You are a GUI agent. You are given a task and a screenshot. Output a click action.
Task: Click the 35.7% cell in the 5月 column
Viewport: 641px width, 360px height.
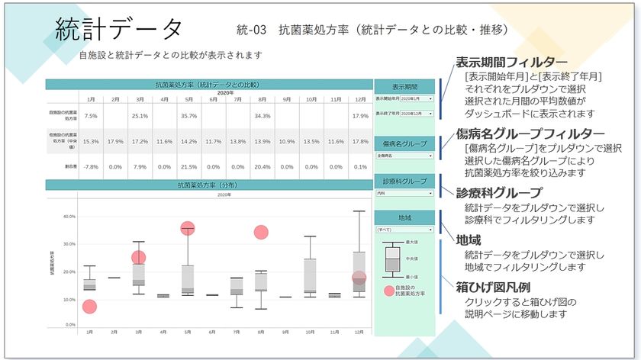(188, 116)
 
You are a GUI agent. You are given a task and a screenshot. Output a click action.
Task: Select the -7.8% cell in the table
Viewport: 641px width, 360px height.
(91, 166)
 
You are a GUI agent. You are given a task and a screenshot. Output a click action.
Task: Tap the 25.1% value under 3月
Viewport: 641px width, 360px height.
(140, 116)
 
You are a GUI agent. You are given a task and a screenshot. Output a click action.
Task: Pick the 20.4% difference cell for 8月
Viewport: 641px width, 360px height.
(262, 166)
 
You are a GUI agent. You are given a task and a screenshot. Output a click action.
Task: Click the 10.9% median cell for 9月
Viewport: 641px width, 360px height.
(286, 142)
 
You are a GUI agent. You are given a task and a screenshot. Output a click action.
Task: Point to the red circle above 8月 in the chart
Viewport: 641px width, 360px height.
(262, 233)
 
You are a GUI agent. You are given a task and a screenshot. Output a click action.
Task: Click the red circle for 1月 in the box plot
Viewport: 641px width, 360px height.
(89, 307)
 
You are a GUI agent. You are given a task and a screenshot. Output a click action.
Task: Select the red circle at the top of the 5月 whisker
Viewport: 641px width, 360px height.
(188, 228)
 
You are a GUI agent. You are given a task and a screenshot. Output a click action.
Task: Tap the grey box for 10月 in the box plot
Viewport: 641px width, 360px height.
(310, 275)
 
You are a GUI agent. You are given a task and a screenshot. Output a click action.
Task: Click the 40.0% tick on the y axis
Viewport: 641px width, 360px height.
(69, 217)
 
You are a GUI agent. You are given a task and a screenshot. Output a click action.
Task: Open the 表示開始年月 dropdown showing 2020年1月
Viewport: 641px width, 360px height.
(417, 98)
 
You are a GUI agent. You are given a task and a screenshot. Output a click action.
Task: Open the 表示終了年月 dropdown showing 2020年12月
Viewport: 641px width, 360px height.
(417, 113)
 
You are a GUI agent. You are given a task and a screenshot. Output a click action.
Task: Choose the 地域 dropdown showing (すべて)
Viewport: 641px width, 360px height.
(404, 228)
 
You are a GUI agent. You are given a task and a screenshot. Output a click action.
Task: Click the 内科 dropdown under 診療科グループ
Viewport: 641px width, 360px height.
(404, 193)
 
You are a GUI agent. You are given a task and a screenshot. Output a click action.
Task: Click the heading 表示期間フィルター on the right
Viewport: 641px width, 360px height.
(511, 63)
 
